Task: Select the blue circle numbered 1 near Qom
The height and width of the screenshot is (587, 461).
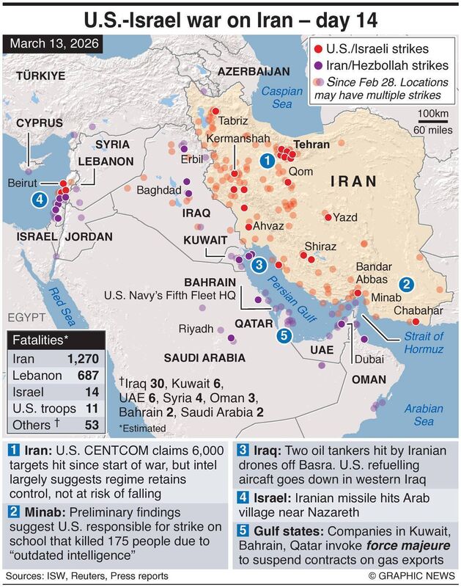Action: [268, 160]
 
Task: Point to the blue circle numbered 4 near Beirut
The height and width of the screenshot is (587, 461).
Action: [38, 199]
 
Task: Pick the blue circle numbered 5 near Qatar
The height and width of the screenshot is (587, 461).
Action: [284, 335]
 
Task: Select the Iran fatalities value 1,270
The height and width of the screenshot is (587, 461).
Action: [84, 360]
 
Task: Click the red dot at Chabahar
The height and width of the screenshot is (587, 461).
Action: [416, 321]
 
